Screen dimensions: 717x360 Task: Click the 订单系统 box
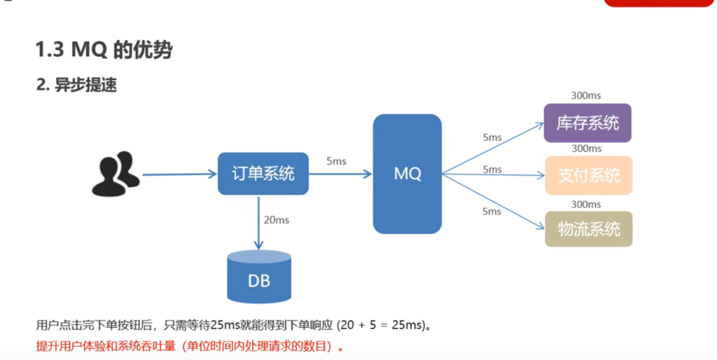pos(263,174)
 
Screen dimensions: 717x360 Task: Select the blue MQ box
pos(408,174)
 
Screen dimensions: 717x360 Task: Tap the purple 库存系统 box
pos(587,123)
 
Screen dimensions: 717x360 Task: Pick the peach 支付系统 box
pos(589,176)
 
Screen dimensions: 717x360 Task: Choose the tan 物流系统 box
pos(589,229)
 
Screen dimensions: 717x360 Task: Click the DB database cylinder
pos(259,276)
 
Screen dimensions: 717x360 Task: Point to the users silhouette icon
pos(116,174)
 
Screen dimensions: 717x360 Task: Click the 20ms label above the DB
pos(277,220)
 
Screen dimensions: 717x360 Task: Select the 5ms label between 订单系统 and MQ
pos(337,161)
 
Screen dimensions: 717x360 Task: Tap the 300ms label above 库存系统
pos(586,96)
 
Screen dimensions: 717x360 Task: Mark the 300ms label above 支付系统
pos(587,148)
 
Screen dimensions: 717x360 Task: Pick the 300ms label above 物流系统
pos(586,204)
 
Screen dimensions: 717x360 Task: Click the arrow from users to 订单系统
pos(180,174)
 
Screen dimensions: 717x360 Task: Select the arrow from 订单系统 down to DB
pos(259,223)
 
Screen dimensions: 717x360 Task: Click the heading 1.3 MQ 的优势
pos(104,50)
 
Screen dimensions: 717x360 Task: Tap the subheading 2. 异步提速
pos(77,85)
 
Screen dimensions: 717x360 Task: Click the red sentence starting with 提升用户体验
pos(190,346)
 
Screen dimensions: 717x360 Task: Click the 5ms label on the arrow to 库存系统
pos(492,137)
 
